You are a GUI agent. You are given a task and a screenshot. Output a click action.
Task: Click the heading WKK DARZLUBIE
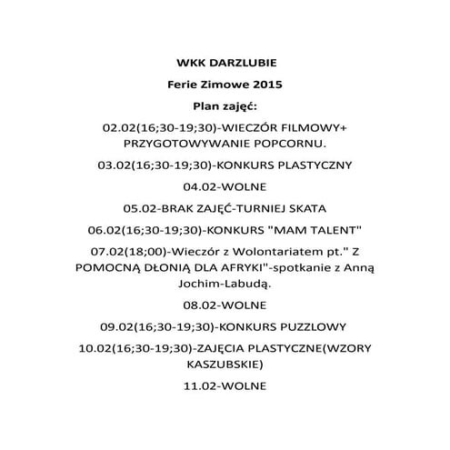click(224, 64)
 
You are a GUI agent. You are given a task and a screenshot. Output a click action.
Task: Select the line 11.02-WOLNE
click(224, 385)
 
